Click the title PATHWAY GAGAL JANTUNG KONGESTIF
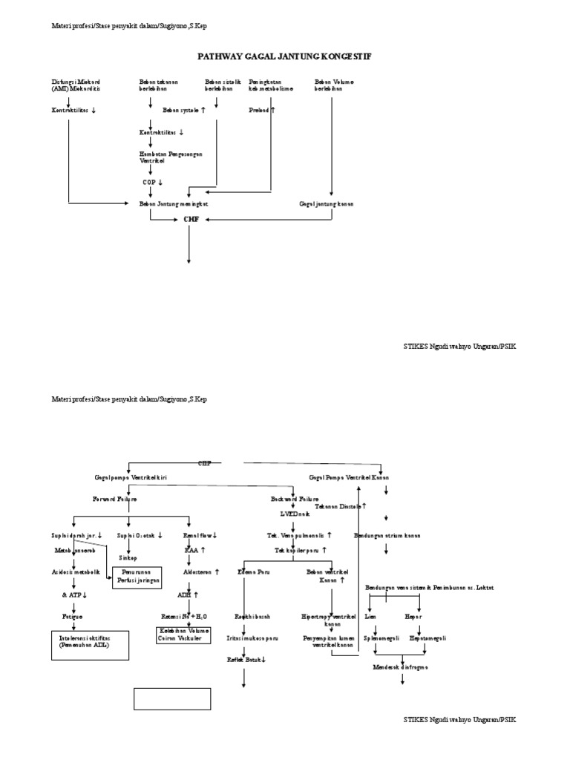coord(285,56)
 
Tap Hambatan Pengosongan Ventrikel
coord(171,157)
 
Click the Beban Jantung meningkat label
coord(174,203)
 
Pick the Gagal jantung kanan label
coord(327,203)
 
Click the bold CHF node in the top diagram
coord(191,220)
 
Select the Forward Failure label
coord(114,499)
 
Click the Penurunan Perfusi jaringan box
coord(138,576)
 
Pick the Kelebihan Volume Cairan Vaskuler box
coord(183,635)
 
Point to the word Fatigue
coord(73,615)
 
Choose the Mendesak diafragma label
coord(400,666)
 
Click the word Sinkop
coord(128,557)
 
